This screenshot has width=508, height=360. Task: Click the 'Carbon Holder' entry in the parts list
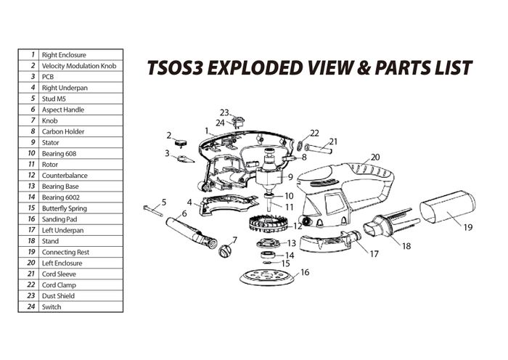point(63,131)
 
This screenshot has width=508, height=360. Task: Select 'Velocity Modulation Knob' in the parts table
point(78,65)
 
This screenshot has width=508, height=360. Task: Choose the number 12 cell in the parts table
point(32,175)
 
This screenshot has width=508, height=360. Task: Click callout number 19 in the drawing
point(468,227)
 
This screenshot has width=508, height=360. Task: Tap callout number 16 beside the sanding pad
point(305,272)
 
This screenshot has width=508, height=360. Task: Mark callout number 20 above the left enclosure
point(375,157)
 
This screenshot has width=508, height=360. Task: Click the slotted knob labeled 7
point(224,252)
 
